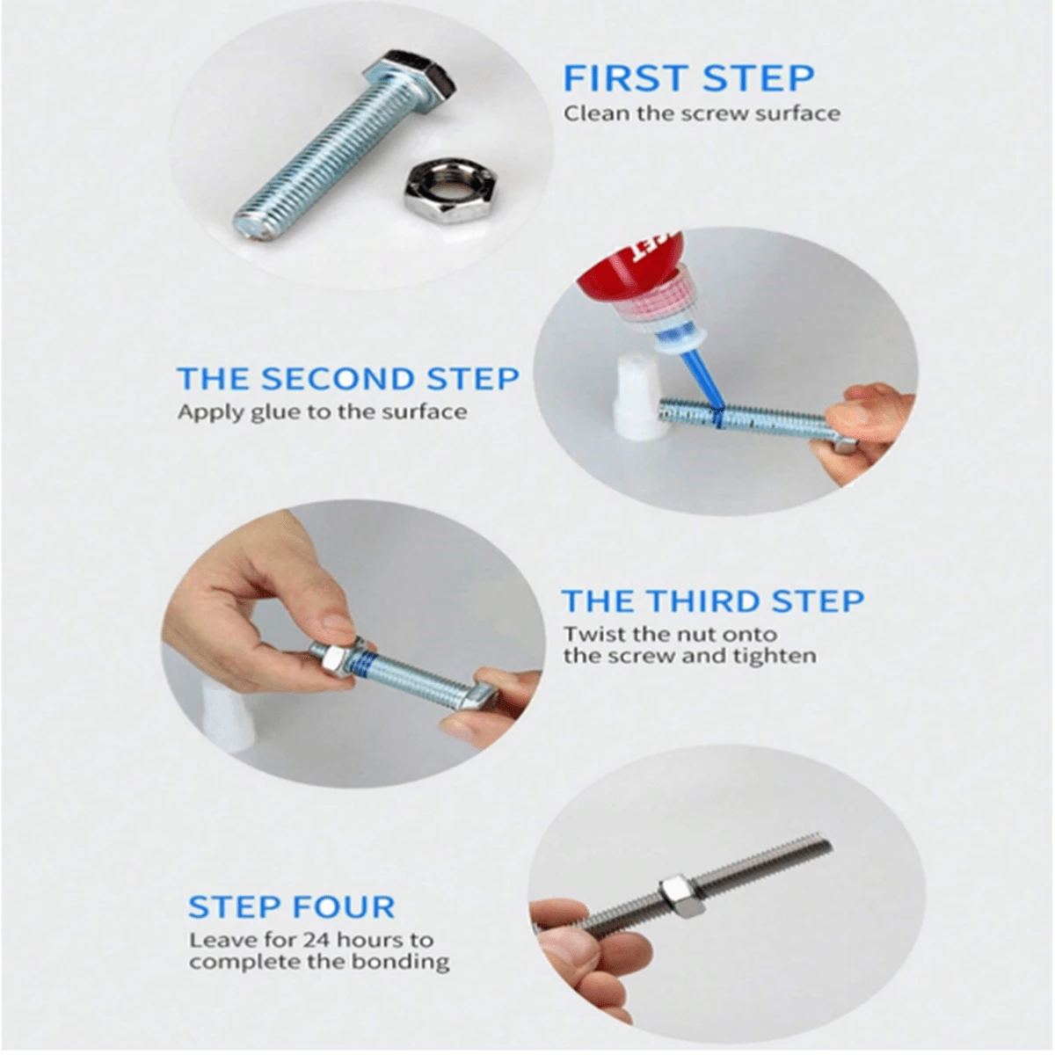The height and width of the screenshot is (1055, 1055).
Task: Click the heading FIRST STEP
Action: (x=688, y=79)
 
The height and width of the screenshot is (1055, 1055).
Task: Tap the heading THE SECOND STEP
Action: (x=347, y=378)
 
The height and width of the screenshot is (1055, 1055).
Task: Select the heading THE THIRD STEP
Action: (x=712, y=601)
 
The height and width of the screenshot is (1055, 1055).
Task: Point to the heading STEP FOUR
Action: (x=291, y=906)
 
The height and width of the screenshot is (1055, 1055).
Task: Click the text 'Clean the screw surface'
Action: (x=702, y=114)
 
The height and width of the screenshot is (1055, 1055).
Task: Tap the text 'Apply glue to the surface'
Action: (x=323, y=411)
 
